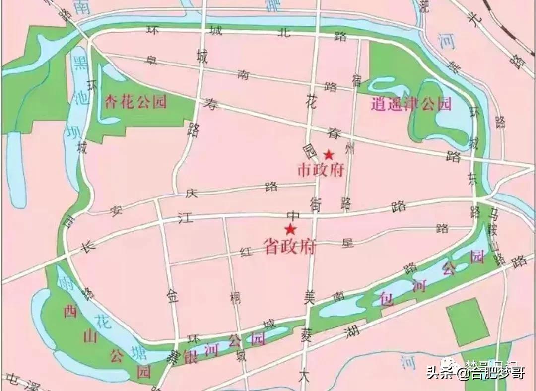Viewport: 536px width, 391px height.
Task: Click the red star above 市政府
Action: (328, 154)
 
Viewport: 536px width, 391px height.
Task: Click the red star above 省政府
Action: (290, 229)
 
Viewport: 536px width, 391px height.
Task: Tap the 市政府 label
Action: (320, 170)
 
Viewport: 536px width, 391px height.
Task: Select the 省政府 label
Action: (289, 246)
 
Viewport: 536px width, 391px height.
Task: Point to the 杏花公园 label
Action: (135, 102)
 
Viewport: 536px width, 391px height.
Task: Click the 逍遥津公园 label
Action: (411, 104)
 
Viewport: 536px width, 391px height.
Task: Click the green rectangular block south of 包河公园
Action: (467, 322)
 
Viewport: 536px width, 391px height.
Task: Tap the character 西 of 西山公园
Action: (69, 312)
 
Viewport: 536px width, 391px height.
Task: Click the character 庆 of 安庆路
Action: (192, 194)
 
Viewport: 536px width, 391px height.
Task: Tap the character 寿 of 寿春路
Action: (211, 104)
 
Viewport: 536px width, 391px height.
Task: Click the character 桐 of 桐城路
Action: (235, 298)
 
